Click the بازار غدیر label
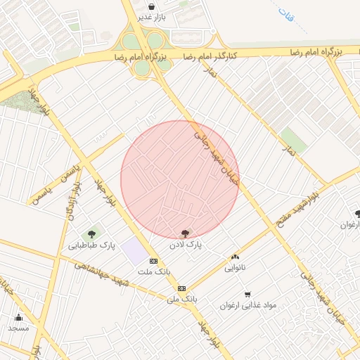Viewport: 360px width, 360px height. (152, 17)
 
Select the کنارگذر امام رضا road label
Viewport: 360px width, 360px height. (210, 55)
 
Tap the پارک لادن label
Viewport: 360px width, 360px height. (185, 245)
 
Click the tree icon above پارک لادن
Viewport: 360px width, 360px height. (185, 233)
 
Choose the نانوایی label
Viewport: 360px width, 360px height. (235, 268)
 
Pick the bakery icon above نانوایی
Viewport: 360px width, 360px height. (235, 257)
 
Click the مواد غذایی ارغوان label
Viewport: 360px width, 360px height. (248, 305)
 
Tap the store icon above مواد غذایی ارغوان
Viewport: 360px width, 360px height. (247, 295)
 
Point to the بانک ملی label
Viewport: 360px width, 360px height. (182, 299)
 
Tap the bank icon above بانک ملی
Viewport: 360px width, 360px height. (182, 288)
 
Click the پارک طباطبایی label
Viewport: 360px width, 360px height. (91, 245)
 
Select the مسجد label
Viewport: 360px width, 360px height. (18, 328)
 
